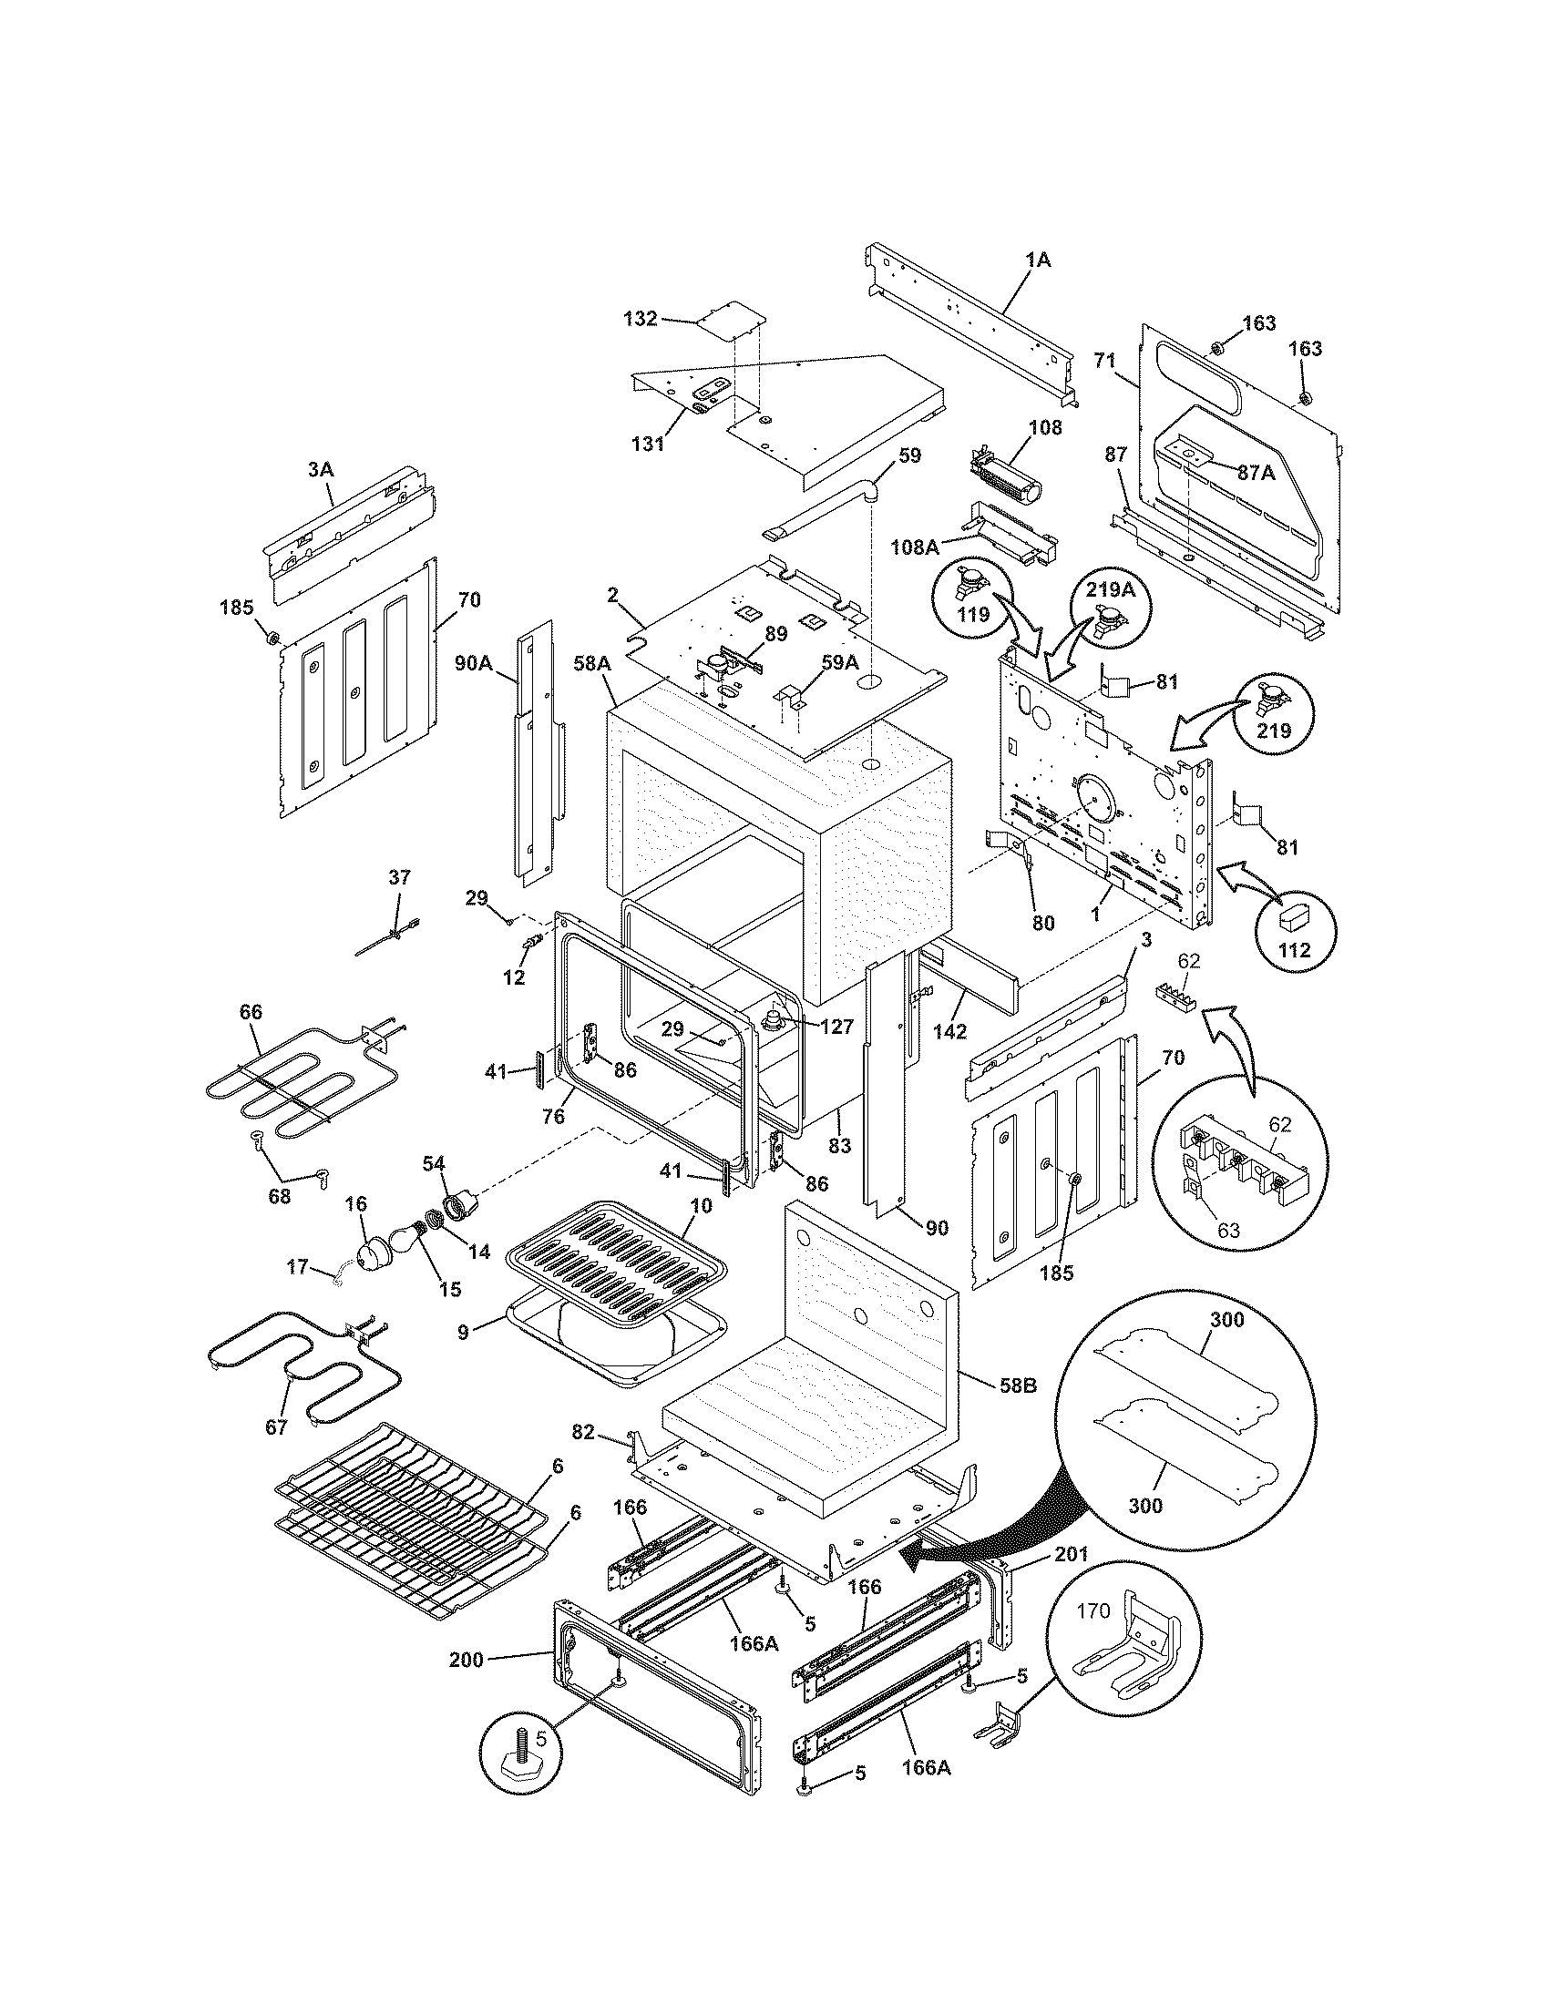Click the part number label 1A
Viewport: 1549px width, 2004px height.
(1038, 261)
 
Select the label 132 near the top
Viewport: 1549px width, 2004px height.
(640, 319)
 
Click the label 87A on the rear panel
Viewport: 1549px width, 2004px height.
(1256, 473)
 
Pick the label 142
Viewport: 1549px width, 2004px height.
(949, 1031)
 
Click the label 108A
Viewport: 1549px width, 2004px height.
(914, 547)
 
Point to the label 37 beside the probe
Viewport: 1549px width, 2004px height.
(400, 877)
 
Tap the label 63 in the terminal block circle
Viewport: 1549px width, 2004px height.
(1228, 1230)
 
